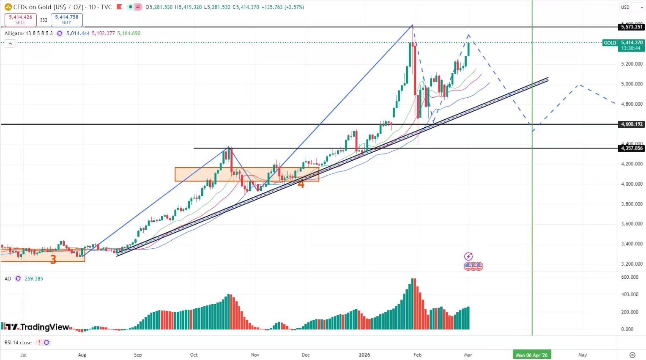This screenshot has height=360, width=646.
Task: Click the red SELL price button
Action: [x=20, y=19]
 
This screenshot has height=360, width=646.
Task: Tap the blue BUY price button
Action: [x=66, y=19]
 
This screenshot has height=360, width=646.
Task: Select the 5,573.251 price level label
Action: [x=632, y=27]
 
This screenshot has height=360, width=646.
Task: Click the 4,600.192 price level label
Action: [x=632, y=124]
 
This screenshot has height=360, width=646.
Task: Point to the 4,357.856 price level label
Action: [x=632, y=148]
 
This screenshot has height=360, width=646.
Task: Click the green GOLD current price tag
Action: [x=610, y=43]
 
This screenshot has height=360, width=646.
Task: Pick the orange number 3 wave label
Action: [x=53, y=259]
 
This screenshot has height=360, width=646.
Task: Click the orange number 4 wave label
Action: [x=301, y=183]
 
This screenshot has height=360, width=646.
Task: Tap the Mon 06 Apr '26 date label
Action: [x=531, y=355]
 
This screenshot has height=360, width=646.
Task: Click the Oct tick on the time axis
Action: [x=194, y=355]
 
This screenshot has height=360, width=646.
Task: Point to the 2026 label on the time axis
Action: [x=364, y=355]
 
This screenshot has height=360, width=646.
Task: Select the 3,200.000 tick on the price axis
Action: [x=632, y=264]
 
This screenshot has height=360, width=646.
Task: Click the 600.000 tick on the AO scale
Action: [x=630, y=277]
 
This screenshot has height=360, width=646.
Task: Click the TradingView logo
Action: [x=37, y=327]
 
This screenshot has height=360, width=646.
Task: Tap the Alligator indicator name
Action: [x=14, y=33]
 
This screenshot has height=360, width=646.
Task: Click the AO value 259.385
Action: [x=34, y=279]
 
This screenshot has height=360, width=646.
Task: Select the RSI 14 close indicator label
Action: [x=18, y=343]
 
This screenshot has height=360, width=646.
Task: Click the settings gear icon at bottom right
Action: [x=632, y=355]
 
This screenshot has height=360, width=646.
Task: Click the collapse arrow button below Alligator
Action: [x=10, y=43]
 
